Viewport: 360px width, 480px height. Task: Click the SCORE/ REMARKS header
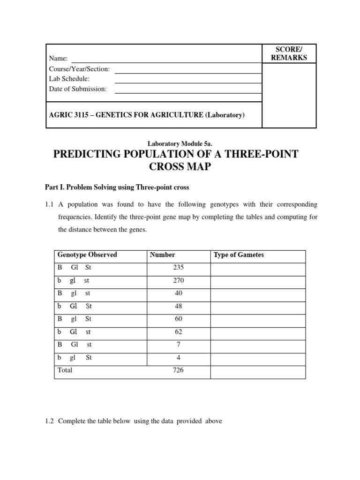coord(289,53)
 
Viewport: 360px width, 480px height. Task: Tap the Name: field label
coord(59,59)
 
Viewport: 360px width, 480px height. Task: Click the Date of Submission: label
coord(77,89)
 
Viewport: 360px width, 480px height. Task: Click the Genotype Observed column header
coord(87,255)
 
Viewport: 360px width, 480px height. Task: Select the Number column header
coord(162,255)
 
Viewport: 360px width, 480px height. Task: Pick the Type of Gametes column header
coord(239,255)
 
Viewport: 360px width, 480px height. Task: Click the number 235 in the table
coord(178,268)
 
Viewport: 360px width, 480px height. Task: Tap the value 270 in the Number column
coord(178,280)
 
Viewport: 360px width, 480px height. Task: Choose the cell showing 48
coord(178,306)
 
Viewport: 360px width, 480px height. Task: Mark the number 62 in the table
coord(178,332)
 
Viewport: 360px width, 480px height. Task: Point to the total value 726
coord(178,370)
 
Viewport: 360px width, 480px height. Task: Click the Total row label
coord(65,370)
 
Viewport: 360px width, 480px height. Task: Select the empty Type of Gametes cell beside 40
coord(257,293)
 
